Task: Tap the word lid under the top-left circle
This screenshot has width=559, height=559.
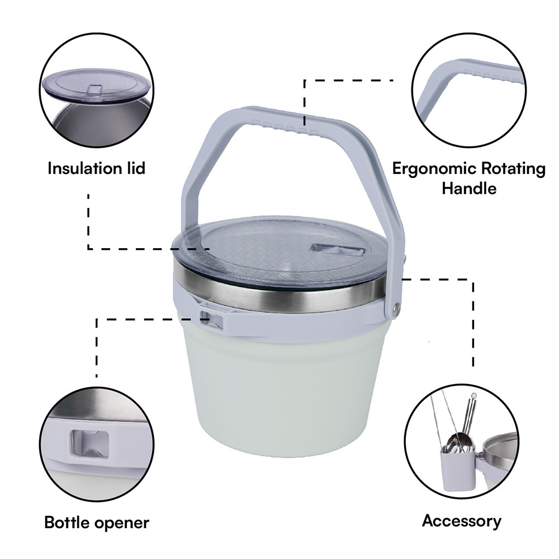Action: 132,168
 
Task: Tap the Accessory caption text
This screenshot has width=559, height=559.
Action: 461,521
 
